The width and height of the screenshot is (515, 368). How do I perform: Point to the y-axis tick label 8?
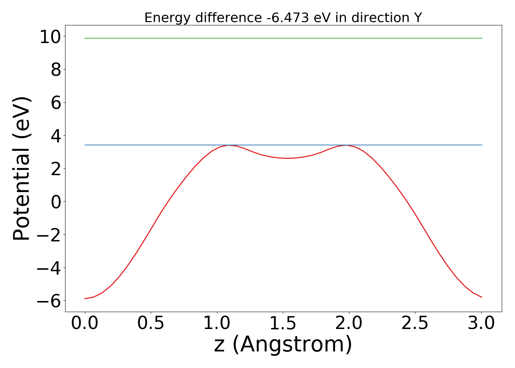point(56,70)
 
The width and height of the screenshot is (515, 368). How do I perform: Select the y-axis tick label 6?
point(56,103)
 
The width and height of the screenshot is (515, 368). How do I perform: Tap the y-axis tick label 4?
point(56,136)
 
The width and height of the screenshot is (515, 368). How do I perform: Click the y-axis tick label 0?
point(56,202)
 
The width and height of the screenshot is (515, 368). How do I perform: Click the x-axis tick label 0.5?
point(151,323)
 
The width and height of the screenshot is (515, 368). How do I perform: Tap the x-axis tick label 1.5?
point(283,323)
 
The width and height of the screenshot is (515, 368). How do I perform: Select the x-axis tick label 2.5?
point(415,323)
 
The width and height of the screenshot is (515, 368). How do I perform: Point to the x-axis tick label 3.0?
point(481,323)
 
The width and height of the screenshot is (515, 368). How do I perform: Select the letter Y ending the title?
point(418,18)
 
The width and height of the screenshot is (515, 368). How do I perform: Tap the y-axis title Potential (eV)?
point(22,169)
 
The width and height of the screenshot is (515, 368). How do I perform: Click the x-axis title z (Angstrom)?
point(283,345)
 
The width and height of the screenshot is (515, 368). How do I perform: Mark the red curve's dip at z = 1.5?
point(287,158)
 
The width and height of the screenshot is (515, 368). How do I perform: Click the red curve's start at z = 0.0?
point(85,298)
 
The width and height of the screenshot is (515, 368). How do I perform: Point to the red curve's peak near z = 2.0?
point(346,145)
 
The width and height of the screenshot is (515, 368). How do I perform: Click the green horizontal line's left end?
point(85,38)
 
